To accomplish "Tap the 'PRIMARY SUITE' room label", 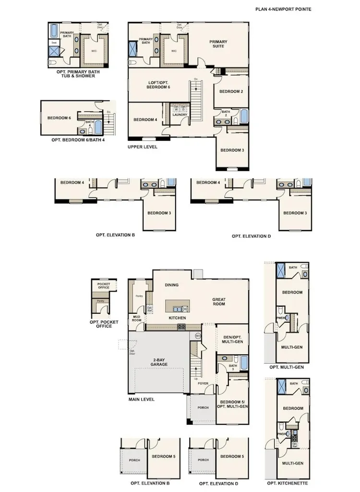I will [x=218, y=44].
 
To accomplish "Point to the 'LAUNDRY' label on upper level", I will [x=180, y=114].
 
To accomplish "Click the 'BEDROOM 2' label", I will [x=231, y=91].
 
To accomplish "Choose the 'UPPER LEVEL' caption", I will [x=143, y=147].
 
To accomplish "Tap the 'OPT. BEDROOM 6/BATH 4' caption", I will [x=78, y=140].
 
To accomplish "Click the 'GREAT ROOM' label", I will [x=219, y=302].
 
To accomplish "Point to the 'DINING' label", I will [x=171, y=285].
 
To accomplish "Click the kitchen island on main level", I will [x=177, y=306].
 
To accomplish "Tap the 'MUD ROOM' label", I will [x=135, y=318].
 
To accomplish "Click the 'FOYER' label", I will [x=203, y=384].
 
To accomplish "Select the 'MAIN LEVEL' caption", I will [x=142, y=399].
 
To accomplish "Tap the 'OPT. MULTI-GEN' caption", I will [x=287, y=367].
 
